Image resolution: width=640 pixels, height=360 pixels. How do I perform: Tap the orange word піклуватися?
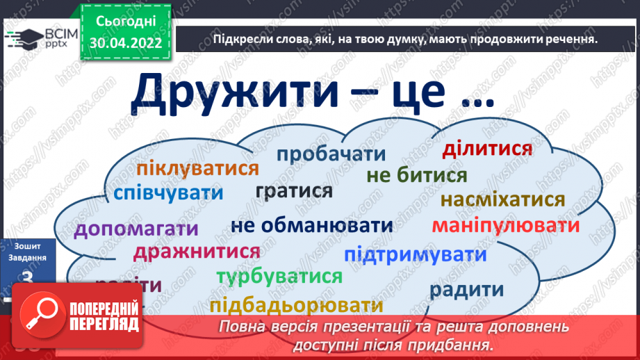coord(197,168)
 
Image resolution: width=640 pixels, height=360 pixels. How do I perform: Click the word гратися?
coord(294,190)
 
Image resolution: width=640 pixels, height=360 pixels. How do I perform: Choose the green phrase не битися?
coord(416,175)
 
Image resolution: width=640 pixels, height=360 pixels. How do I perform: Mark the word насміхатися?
coord(502,200)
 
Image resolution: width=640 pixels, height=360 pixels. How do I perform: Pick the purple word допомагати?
coord(136,229)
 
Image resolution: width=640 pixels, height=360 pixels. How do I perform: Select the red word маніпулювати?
coord(505,225)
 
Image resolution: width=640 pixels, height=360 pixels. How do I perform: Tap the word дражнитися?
coord(197,251)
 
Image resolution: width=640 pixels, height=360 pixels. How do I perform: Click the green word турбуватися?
coord(279,277)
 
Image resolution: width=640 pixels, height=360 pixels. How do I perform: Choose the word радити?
coord(466,289)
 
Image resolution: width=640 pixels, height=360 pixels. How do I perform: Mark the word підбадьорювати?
coord(295,305)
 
